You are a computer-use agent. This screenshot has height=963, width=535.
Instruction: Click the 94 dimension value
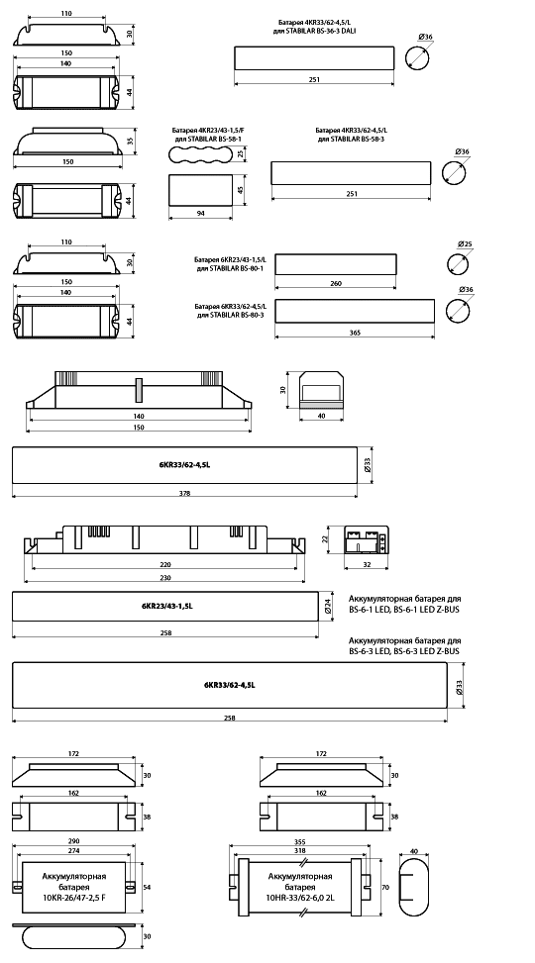(x=201, y=213)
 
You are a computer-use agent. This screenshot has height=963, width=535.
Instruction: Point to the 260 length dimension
(x=336, y=283)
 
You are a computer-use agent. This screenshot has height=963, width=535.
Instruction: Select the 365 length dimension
(x=354, y=333)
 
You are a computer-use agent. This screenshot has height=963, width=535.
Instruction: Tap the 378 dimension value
(x=184, y=493)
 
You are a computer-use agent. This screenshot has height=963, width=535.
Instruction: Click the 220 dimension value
(x=164, y=564)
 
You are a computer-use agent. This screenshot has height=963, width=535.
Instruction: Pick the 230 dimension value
(x=164, y=578)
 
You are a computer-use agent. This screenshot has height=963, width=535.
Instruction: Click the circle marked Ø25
(x=459, y=264)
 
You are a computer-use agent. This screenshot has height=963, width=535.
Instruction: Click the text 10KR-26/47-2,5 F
(x=73, y=898)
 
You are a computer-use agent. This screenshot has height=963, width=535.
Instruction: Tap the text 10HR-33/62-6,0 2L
(x=300, y=898)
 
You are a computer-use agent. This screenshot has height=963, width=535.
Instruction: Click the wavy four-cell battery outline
(x=199, y=154)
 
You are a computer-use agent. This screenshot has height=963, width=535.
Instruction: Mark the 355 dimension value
(x=301, y=841)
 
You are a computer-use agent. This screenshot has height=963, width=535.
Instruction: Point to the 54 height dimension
(x=147, y=887)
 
